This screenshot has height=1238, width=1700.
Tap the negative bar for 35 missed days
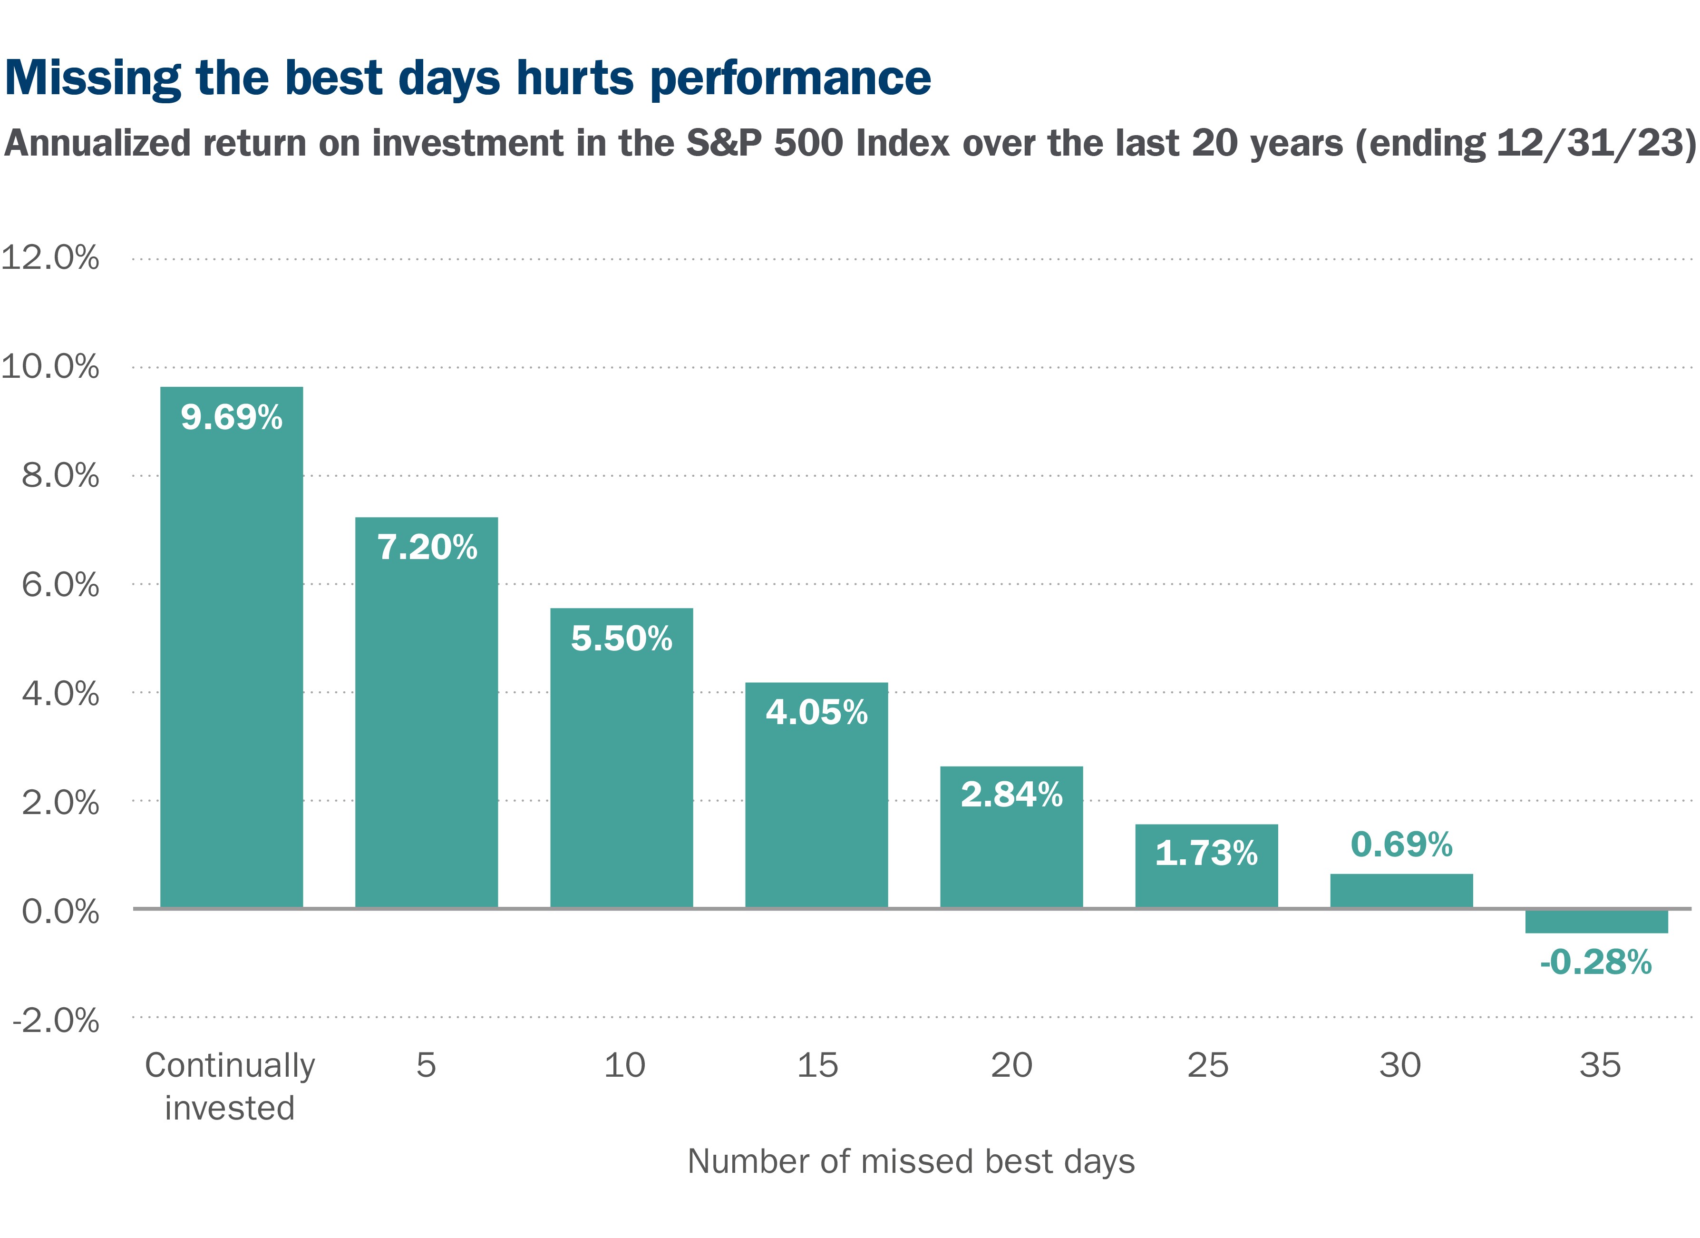pyautogui.click(x=1596, y=921)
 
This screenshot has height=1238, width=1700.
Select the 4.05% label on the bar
pyautogui.click(x=816, y=712)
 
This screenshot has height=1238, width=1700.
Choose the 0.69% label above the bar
pyautogui.click(x=1401, y=845)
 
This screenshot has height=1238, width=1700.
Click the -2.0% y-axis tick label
pyautogui.click(x=56, y=1021)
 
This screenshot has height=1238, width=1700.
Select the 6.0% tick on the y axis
pyautogui.click(x=60, y=585)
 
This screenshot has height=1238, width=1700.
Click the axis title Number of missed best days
pyautogui.click(x=911, y=1161)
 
